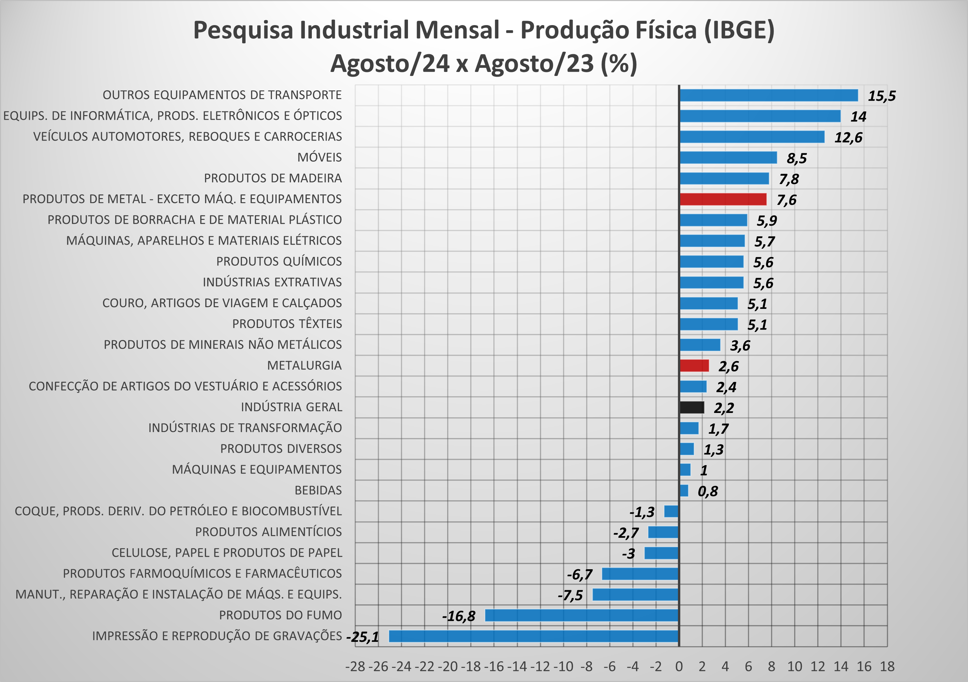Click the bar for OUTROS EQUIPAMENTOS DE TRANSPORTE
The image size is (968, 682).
[768, 95]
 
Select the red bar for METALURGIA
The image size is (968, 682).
[694, 366]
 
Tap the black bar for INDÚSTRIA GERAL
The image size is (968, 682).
[691, 407]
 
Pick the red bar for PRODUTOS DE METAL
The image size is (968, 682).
[722, 199]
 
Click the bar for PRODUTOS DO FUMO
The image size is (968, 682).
[581, 615]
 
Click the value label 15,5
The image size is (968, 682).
[882, 96]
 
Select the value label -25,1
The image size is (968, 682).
[362, 637]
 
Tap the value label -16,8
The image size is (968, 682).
[458, 616]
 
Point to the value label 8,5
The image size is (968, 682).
[797, 158]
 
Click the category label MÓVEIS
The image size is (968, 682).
[320, 158]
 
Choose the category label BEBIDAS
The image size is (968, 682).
[318, 490]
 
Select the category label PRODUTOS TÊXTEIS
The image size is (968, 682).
[287, 324]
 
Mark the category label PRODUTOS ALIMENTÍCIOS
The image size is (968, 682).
[268, 532]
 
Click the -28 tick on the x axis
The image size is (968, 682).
[355, 666]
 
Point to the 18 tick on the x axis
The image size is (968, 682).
[887, 666]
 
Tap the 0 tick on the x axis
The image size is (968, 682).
[679, 666]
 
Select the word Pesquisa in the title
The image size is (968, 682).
[243, 30]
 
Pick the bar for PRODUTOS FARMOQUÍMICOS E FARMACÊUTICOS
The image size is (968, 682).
[640, 574]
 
